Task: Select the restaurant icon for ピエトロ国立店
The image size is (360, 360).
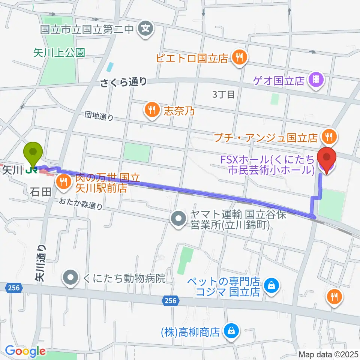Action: pyautogui.click(x=238, y=57)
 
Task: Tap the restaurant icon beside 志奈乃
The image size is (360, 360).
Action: pyautogui.click(x=152, y=109)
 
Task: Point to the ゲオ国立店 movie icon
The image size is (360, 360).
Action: pyautogui.click(x=316, y=80)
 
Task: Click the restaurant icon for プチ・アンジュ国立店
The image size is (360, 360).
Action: pyautogui.click(x=329, y=137)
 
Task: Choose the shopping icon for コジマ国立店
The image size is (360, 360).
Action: pyautogui.click(x=270, y=286)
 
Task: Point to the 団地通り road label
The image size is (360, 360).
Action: pyautogui.click(x=99, y=117)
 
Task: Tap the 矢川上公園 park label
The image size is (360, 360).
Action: pyautogui.click(x=59, y=52)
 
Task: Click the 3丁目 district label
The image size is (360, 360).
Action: pyautogui.click(x=223, y=94)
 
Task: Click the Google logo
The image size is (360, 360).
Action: pyautogui.click(x=25, y=351)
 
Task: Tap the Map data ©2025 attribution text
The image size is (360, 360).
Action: pyautogui.click(x=328, y=354)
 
